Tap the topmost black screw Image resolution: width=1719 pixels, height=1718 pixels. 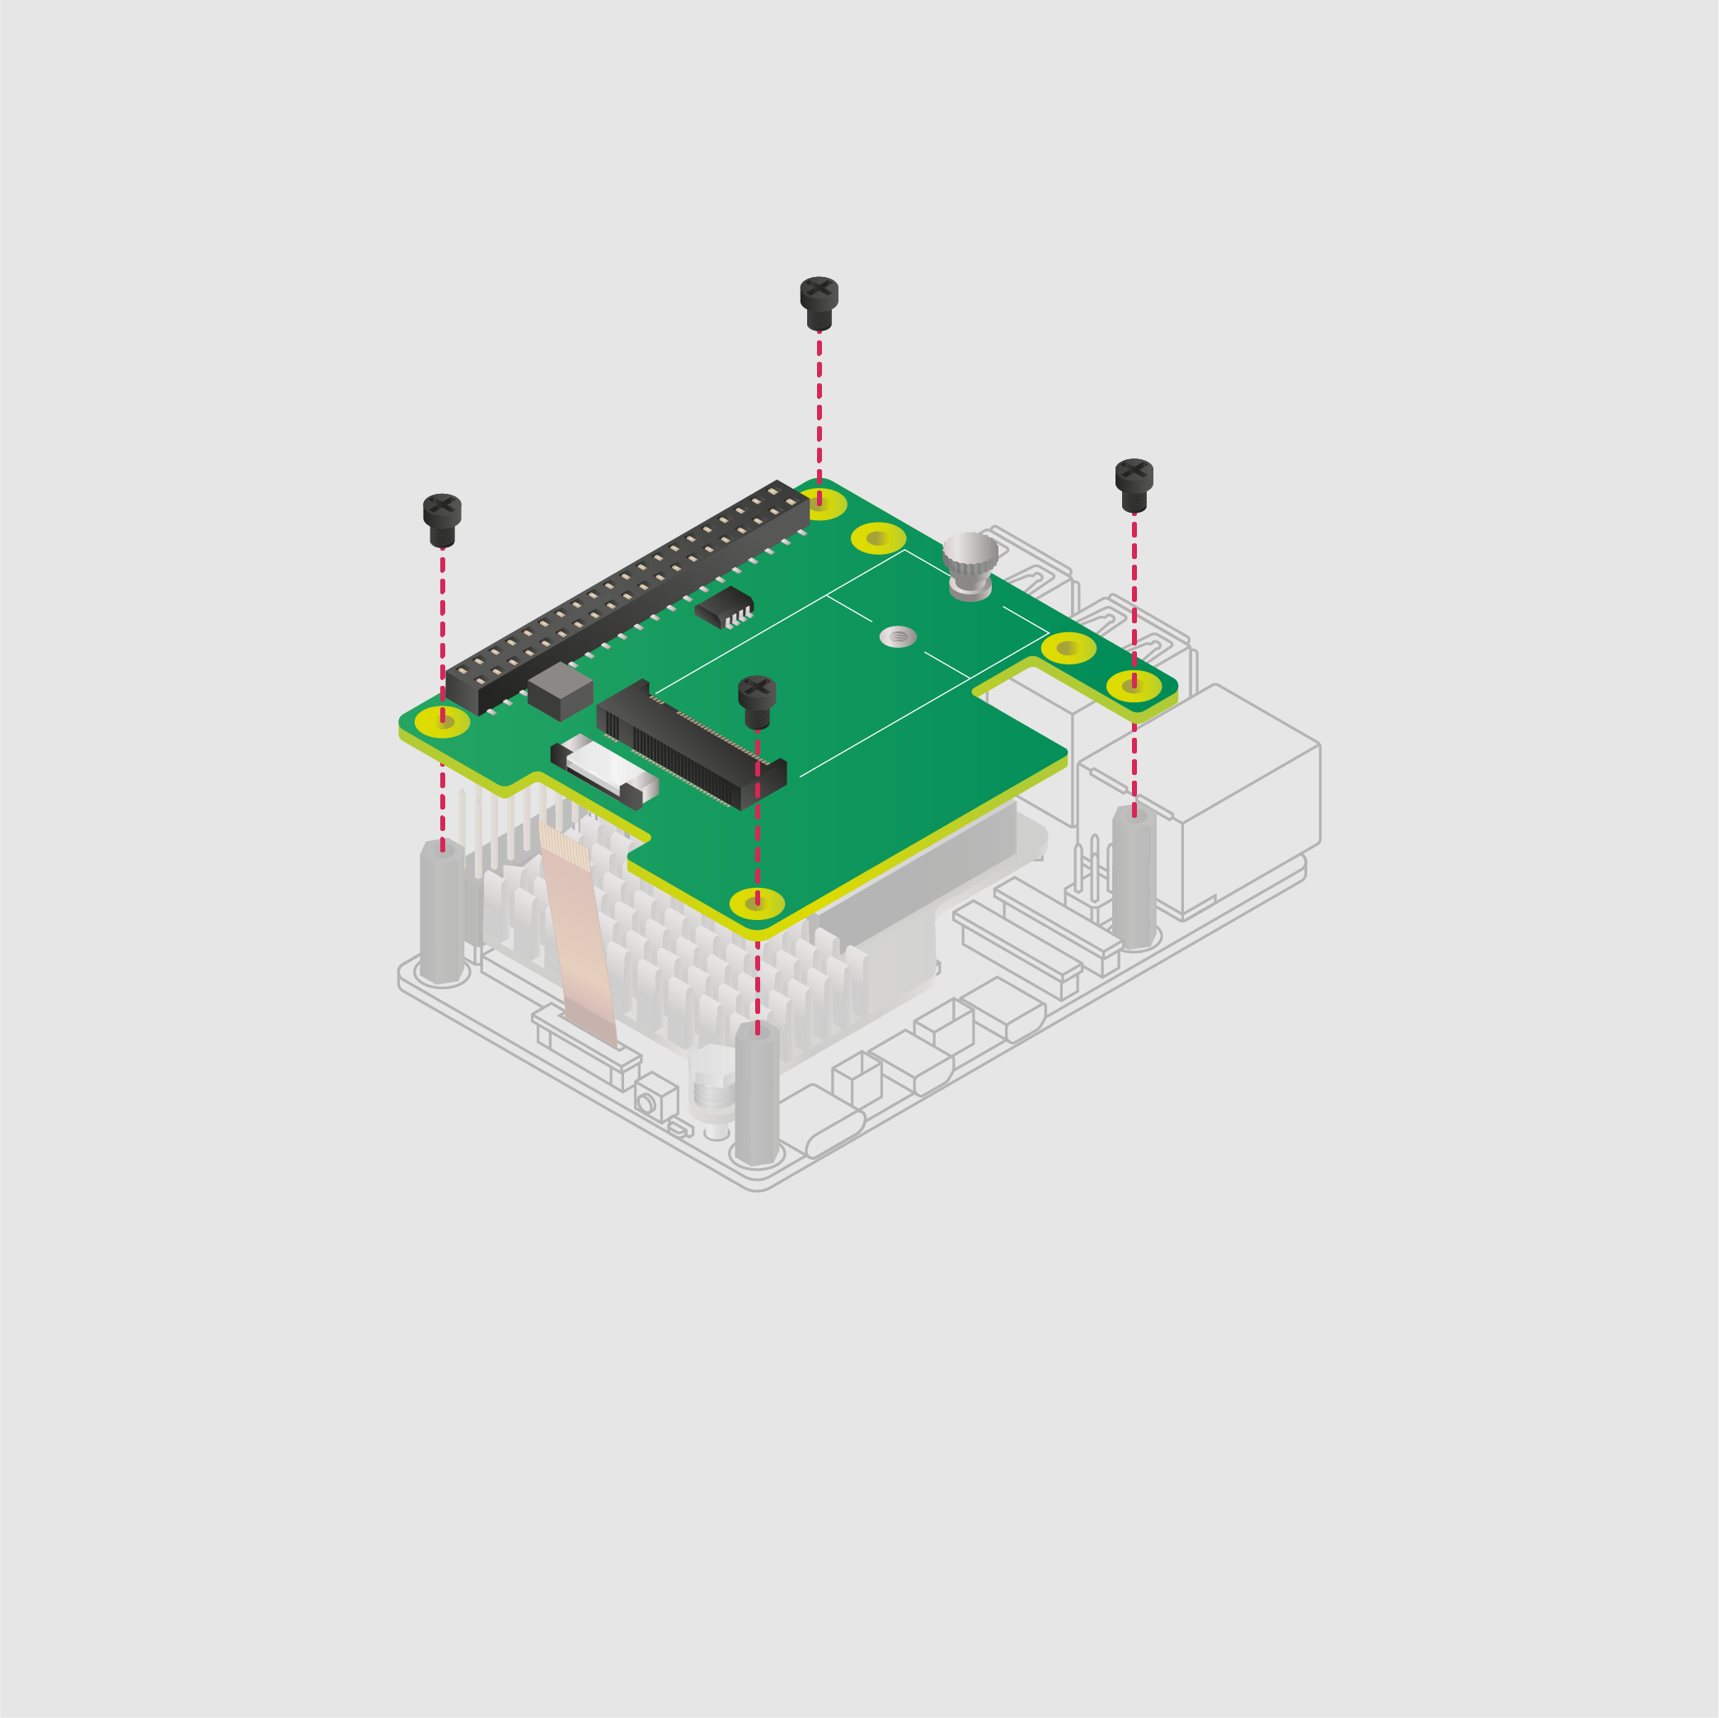(819, 302)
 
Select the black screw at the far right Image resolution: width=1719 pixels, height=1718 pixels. (1134, 484)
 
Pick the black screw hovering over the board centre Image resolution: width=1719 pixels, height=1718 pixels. (757, 701)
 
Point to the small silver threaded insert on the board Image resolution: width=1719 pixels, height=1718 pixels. (898, 636)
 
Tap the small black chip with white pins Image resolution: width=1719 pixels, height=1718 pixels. (723, 607)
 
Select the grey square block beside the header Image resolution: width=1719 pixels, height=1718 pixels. (560, 692)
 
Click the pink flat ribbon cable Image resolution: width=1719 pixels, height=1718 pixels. (578, 934)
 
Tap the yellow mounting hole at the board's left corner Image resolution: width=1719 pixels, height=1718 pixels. (442, 721)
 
